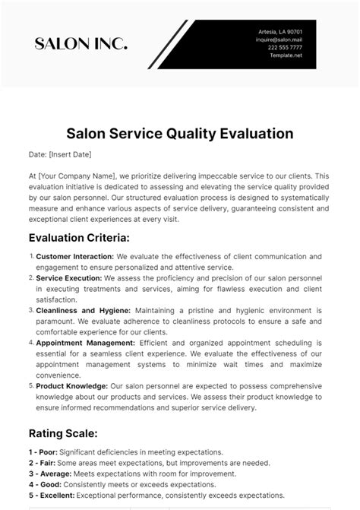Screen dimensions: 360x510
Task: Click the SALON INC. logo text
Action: pyautogui.click(x=81, y=44)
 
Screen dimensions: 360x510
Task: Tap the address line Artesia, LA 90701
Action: pyautogui.click(x=280, y=31)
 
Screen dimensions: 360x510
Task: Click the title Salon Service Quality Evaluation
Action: pyautogui.click(x=179, y=134)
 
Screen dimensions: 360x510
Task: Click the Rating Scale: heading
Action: pyautogui.click(x=62, y=433)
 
